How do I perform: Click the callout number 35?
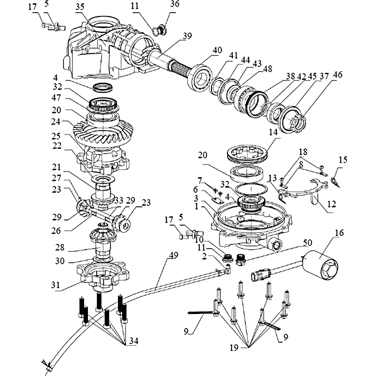tap(79, 7)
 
